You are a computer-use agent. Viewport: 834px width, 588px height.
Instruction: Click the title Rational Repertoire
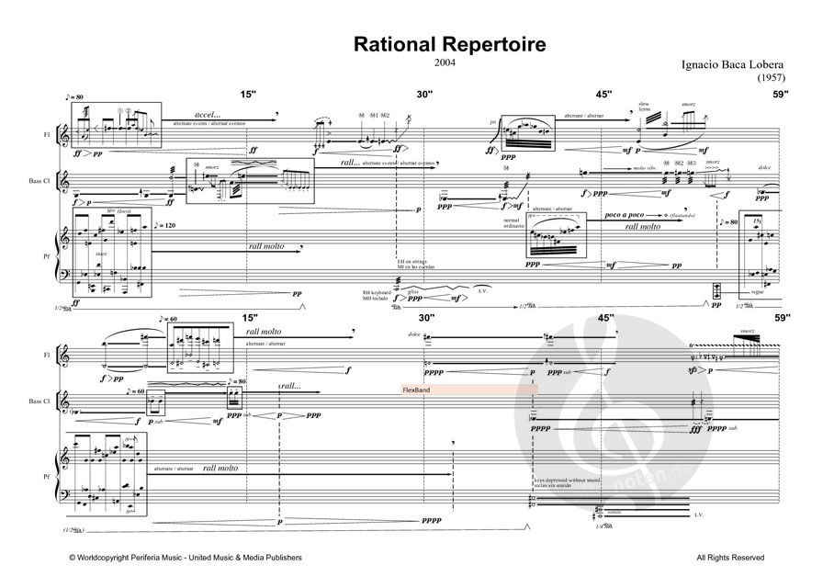click(418, 44)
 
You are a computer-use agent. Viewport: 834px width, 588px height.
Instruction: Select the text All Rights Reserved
click(729, 558)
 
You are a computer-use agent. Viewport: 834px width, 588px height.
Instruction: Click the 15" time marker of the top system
click(249, 94)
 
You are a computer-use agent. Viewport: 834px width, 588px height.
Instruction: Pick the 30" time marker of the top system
click(423, 94)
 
